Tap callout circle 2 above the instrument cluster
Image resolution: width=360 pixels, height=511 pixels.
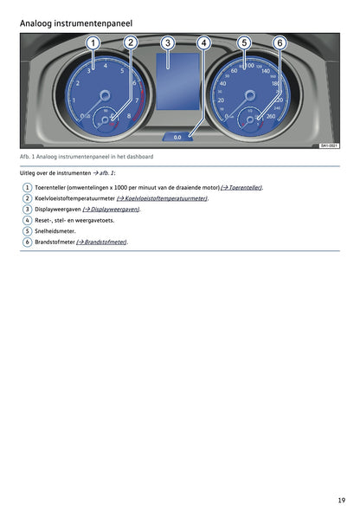pyautogui.click(x=130, y=42)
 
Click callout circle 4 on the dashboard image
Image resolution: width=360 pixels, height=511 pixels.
pyautogui.click(x=203, y=42)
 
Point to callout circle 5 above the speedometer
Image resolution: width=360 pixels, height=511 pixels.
pyautogui.click(x=244, y=42)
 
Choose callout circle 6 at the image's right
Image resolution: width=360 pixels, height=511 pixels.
pyautogui.click(x=280, y=42)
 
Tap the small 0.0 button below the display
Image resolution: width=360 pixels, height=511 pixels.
pyautogui.click(x=177, y=136)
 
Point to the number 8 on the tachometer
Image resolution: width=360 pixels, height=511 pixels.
pyautogui.click(x=129, y=115)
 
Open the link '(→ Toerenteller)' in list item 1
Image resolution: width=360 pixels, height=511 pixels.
pyautogui.click(x=241, y=187)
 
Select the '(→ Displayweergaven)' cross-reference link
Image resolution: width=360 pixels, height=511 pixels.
pyautogui.click(x=112, y=210)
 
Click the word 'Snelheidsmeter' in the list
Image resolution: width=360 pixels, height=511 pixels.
pyautogui.click(x=55, y=231)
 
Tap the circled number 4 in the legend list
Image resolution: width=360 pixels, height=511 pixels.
pyautogui.click(x=28, y=220)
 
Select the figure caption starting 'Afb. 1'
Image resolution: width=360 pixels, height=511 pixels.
pyautogui.click(x=87, y=156)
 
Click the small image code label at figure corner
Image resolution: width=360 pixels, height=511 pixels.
pyautogui.click(x=329, y=146)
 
